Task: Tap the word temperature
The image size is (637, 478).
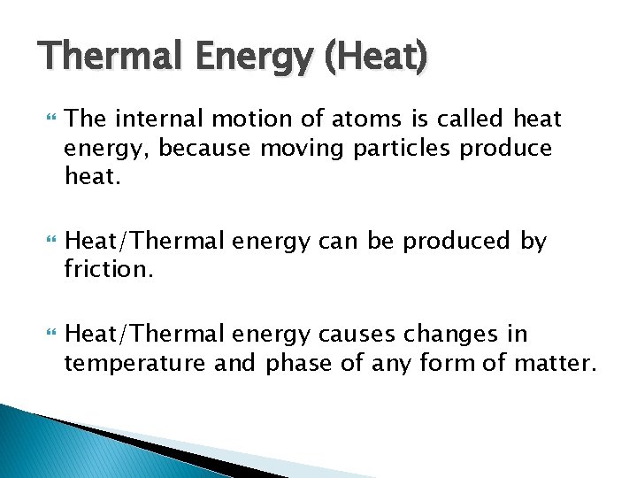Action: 132,363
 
